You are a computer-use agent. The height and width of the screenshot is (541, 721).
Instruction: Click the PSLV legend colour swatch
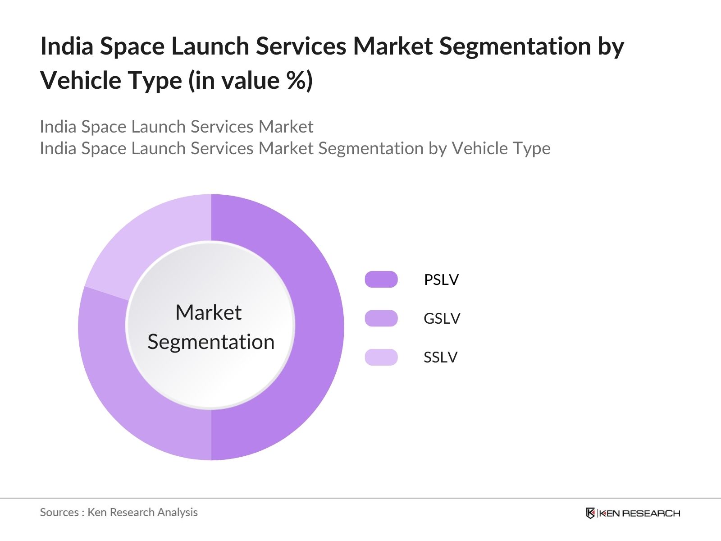coord(381,280)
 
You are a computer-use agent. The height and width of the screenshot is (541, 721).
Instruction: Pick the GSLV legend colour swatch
coord(381,318)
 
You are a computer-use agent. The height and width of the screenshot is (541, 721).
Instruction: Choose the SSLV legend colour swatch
coord(381,357)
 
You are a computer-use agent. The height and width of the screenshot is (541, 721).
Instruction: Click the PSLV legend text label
coord(441,280)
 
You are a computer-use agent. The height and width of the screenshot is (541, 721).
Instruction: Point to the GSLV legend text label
coord(442,318)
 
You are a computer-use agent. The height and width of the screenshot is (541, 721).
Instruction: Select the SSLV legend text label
coord(440,357)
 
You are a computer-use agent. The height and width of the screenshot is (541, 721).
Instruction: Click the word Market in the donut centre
coord(208,312)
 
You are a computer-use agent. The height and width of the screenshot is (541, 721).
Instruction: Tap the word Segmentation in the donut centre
coord(211,342)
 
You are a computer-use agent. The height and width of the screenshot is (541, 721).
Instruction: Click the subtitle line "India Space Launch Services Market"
coord(176,127)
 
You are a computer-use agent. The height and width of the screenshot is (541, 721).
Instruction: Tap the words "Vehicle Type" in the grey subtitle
coord(501,148)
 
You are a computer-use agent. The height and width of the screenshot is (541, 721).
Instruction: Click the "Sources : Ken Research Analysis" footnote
coord(119,512)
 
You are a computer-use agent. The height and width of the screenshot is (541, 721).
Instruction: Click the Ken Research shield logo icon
coord(590,513)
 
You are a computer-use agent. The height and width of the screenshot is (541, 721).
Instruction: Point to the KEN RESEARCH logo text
coord(639,513)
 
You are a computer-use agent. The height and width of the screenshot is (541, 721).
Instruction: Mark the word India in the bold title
coord(67,46)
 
